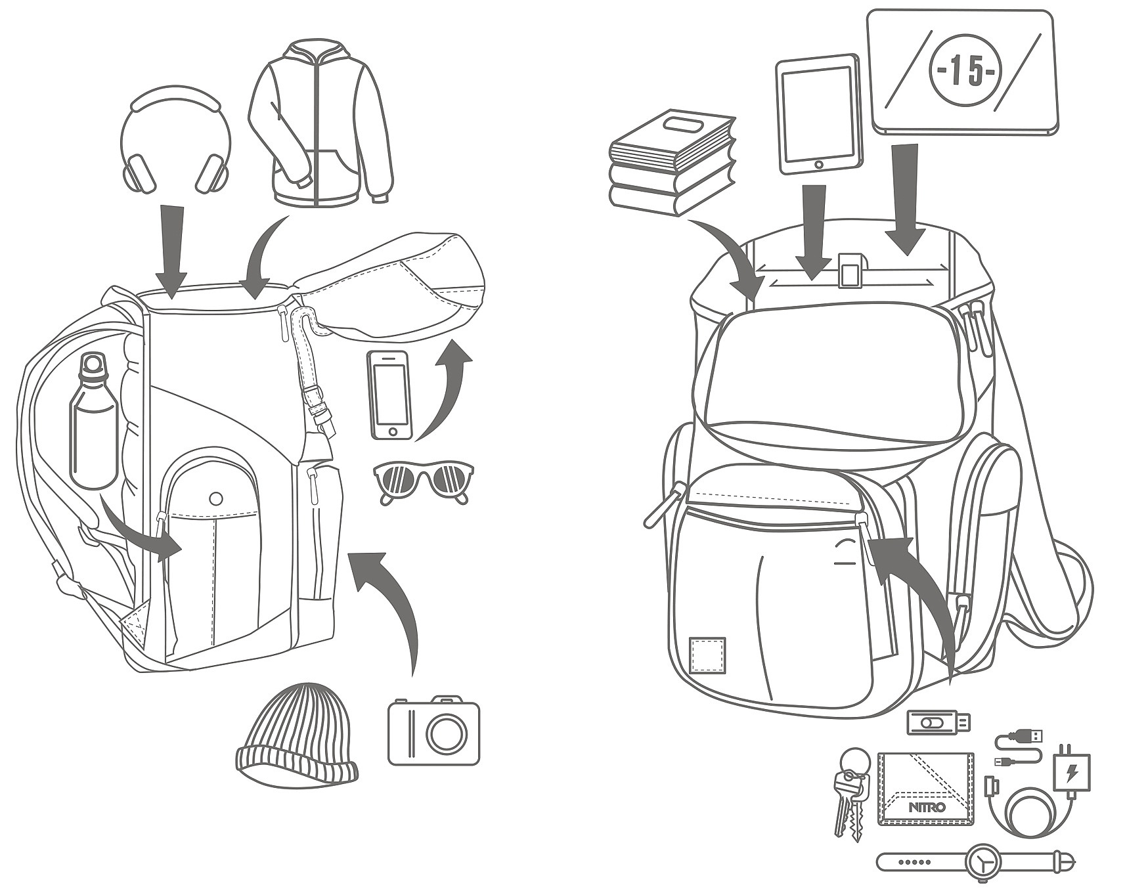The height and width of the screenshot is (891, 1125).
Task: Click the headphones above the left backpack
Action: [175, 141]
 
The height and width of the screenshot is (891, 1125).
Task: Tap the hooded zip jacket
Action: [320, 125]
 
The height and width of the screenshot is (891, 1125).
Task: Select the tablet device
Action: [818, 115]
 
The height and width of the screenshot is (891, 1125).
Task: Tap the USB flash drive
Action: [938, 722]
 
